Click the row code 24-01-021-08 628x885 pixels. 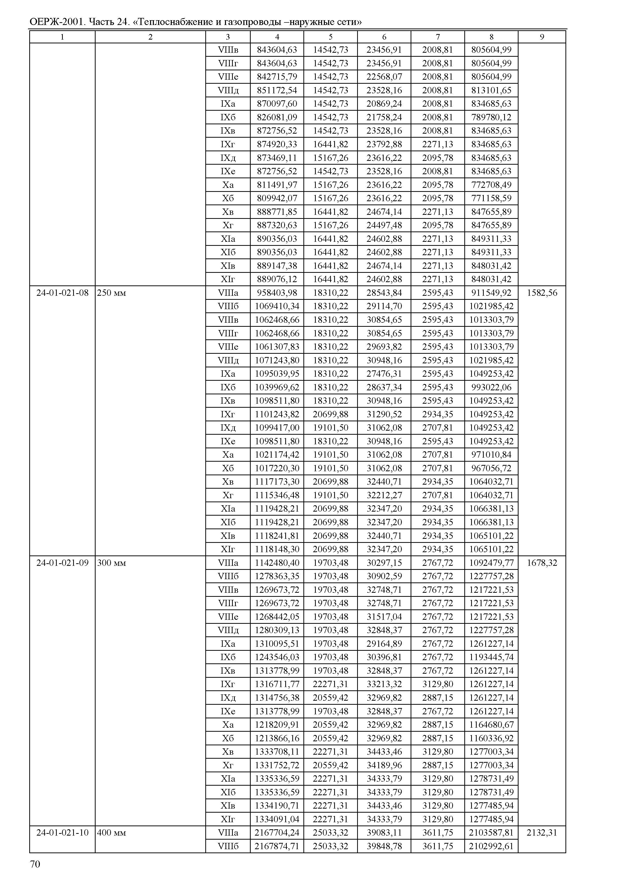pos(62,293)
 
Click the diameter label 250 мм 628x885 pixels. pos(111,293)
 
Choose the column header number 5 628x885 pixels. pos(331,37)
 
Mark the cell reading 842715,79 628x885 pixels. pos(277,77)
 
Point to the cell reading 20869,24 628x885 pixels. pos(384,104)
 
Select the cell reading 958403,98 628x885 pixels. pos(277,293)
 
